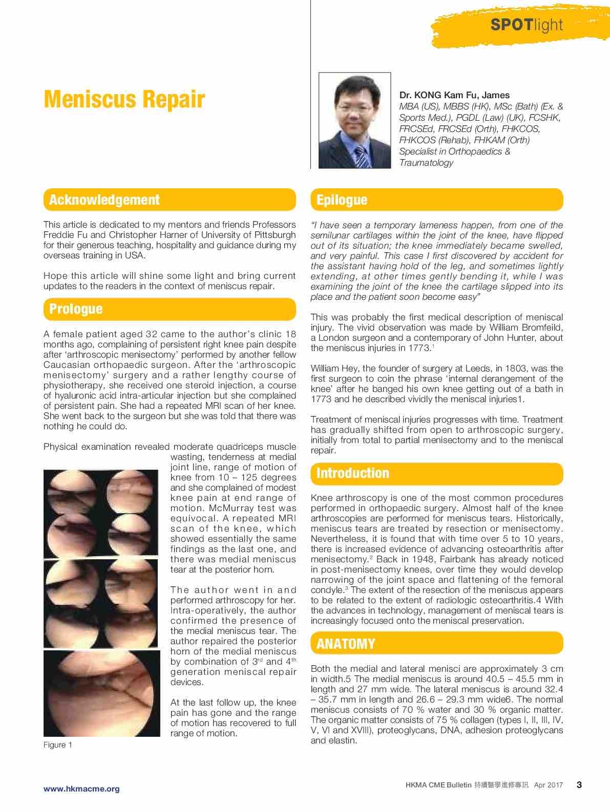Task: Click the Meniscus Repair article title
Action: [x=124, y=99]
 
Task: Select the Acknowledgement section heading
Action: [x=104, y=200]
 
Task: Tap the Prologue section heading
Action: [x=76, y=309]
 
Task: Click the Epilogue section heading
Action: [x=342, y=200]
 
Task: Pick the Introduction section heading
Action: [x=352, y=473]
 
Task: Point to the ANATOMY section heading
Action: [x=346, y=644]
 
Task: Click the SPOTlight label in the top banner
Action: [x=527, y=25]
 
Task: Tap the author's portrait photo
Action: [x=354, y=121]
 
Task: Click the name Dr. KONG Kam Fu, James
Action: [x=454, y=95]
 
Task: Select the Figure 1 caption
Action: [x=58, y=745]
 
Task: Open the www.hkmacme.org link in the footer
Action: [x=81, y=788]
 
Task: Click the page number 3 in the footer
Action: [x=579, y=785]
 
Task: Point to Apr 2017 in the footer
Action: [x=548, y=785]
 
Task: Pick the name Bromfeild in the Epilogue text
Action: [x=538, y=327]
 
